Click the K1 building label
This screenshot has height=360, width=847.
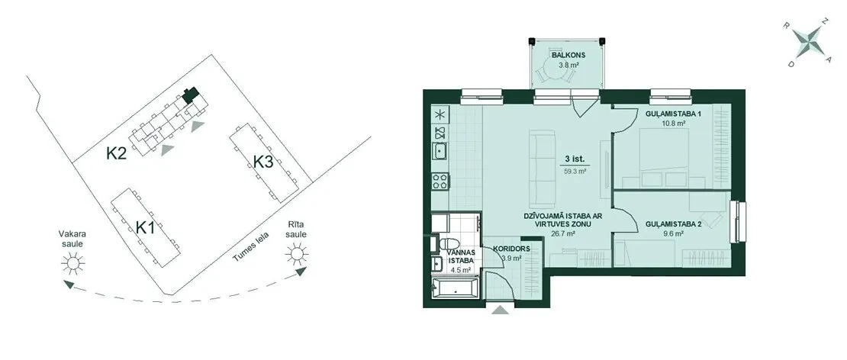pyautogui.click(x=145, y=228)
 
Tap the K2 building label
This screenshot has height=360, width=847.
pyautogui.click(x=116, y=154)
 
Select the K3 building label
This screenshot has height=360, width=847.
pyautogui.click(x=263, y=162)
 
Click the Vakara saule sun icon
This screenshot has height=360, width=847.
pyautogui.click(x=73, y=263)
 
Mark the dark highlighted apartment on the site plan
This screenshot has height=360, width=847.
pyautogui.click(x=189, y=95)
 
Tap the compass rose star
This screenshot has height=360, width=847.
pyautogui.click(x=807, y=42)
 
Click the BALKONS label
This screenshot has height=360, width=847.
pyautogui.click(x=568, y=56)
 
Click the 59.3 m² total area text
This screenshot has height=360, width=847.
pyautogui.click(x=575, y=171)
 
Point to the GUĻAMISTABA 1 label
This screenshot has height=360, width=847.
pyautogui.click(x=673, y=114)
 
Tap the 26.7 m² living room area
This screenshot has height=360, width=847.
pyautogui.click(x=563, y=234)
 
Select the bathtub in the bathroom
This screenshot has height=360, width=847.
pyautogui.click(x=455, y=288)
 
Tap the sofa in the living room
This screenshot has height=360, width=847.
pyautogui.click(x=543, y=169)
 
